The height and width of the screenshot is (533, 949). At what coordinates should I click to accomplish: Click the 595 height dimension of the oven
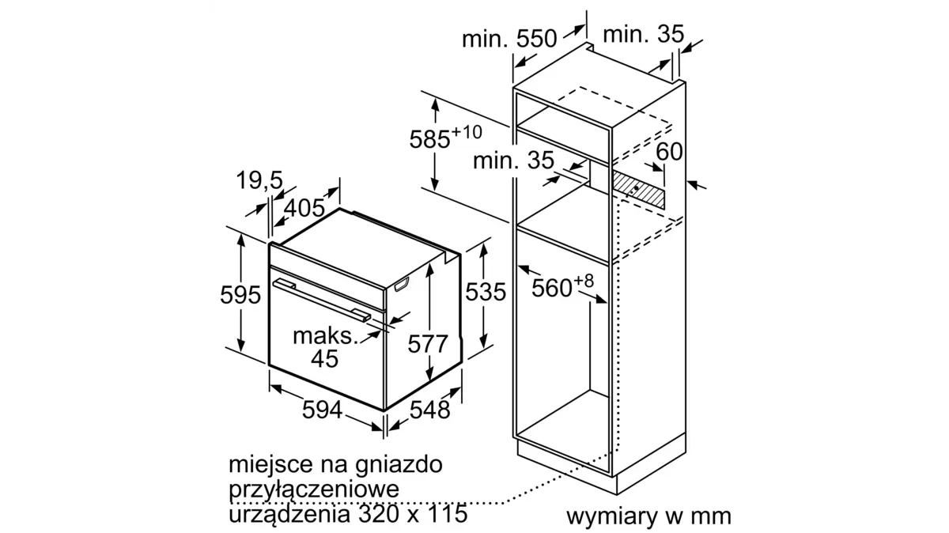point(240,294)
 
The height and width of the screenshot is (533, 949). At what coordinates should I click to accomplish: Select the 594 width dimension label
point(322,410)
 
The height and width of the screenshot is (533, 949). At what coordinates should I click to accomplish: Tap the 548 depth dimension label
point(430,410)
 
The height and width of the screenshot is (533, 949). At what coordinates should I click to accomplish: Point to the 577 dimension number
point(428,344)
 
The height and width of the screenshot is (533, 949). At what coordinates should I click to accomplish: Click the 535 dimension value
point(486,292)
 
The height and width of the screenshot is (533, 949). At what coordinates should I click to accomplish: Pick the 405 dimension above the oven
point(304,208)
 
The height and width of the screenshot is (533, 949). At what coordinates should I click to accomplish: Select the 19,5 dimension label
point(259,180)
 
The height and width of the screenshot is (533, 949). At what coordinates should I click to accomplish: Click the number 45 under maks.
point(324,358)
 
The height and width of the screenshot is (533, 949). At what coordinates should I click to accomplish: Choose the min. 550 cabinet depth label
point(509,39)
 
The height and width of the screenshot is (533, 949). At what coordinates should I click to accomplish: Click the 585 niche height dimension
point(429,139)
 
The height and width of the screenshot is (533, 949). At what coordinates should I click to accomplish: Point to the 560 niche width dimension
point(552,288)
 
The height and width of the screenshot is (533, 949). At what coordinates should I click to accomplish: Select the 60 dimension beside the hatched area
point(669,151)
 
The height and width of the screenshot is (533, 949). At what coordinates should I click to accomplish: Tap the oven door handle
point(322,300)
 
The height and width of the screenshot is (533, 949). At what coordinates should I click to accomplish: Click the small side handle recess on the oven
point(402,284)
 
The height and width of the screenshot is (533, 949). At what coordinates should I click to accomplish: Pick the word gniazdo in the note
point(399,465)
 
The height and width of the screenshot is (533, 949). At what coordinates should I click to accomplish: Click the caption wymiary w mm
point(648,516)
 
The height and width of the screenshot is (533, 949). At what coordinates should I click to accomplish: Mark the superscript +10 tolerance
point(467,132)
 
